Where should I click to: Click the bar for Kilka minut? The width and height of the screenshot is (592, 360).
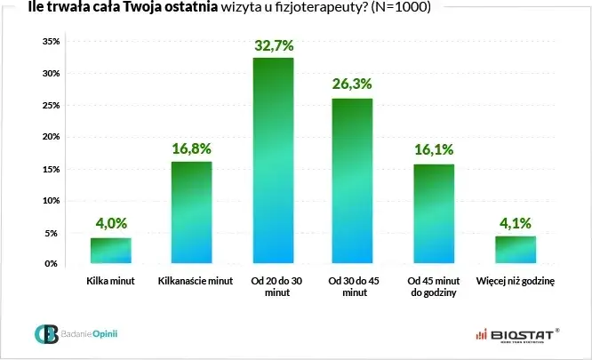[x=110, y=251]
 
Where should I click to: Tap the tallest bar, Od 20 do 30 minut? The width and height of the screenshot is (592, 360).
[x=273, y=161]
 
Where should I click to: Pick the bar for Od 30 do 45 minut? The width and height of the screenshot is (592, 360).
[x=353, y=181]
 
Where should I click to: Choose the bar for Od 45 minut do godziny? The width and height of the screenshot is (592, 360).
[x=434, y=214]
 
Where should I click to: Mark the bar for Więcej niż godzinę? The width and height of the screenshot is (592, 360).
[x=516, y=250]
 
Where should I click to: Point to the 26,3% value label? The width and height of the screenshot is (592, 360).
[x=353, y=84]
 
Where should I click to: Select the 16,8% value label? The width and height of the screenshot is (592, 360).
[x=191, y=148]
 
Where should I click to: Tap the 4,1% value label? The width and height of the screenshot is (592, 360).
[x=516, y=222]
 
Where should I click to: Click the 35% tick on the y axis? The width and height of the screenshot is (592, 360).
[x=51, y=42]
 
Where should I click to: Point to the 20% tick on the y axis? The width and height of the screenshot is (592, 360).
[x=51, y=137]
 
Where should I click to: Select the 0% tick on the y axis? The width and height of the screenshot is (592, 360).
[x=52, y=264]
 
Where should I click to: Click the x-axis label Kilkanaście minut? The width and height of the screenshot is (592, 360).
[x=195, y=281]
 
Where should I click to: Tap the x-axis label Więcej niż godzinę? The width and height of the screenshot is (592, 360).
[x=516, y=281]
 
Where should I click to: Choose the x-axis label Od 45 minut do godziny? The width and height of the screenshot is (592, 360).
[x=432, y=286]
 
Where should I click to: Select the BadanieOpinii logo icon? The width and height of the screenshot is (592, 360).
[x=45, y=334]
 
